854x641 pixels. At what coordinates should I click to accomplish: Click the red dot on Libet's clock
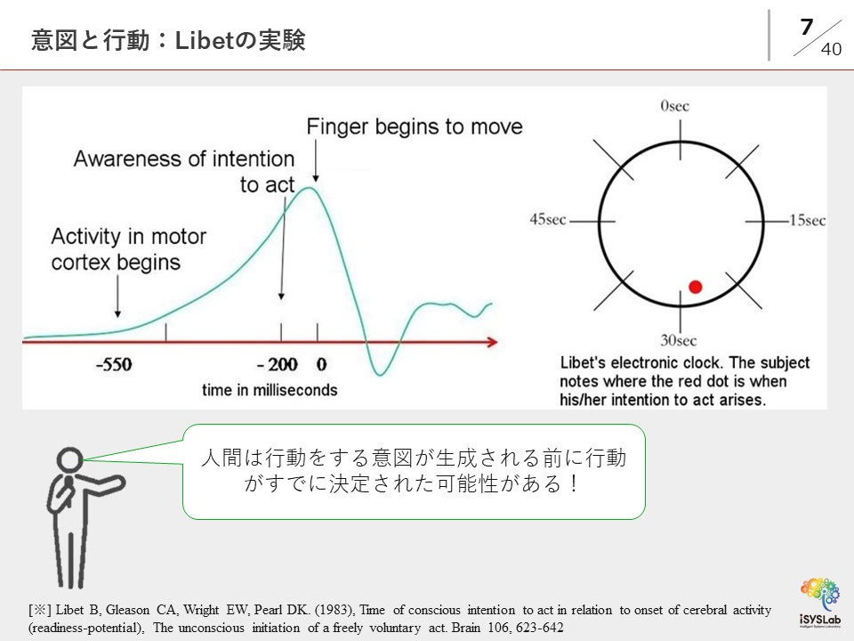pyautogui.click(x=695, y=287)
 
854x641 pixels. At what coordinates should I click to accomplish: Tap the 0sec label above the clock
pyautogui.click(x=675, y=106)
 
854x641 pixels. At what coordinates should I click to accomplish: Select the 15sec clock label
pyautogui.click(x=807, y=220)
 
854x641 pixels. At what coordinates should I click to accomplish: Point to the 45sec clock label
pyautogui.click(x=548, y=219)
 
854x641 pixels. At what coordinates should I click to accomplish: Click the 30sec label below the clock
pyautogui.click(x=678, y=341)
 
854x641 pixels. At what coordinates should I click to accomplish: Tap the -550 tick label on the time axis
pyautogui.click(x=114, y=364)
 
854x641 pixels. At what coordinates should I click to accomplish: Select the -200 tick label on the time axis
pyautogui.click(x=278, y=364)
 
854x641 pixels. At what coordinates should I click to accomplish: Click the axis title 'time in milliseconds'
pyautogui.click(x=270, y=390)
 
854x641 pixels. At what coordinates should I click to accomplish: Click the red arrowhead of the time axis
pyautogui.click(x=492, y=342)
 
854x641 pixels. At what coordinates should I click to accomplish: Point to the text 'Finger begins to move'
pyautogui.click(x=415, y=126)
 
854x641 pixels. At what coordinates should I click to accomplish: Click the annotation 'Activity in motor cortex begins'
pyautogui.click(x=128, y=249)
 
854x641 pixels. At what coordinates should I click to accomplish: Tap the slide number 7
pyautogui.click(x=807, y=27)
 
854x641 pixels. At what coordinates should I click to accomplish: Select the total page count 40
pyautogui.click(x=831, y=49)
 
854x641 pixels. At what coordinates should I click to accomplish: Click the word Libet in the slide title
pyautogui.click(x=200, y=40)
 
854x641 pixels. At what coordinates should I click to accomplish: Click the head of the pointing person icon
pyautogui.click(x=69, y=460)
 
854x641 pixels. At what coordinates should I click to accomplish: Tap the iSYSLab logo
pyautogui.click(x=819, y=603)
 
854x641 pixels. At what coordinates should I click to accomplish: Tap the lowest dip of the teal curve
pyautogui.click(x=380, y=375)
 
